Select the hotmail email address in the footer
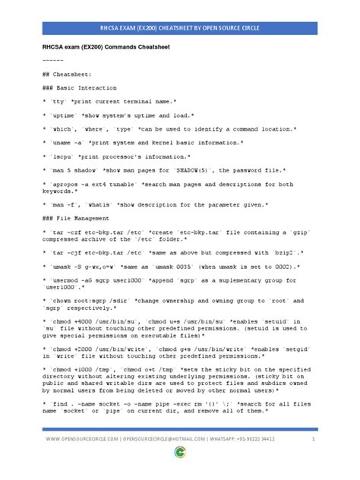click(x=182, y=460)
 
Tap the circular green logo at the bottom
click(x=180, y=472)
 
